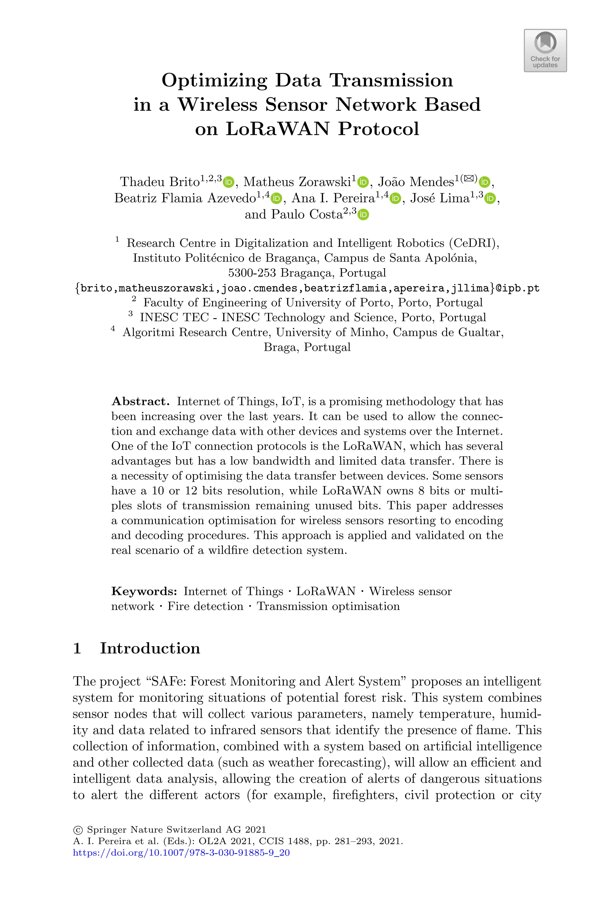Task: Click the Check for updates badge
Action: pos(545,51)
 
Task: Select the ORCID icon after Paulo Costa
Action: pos(363,215)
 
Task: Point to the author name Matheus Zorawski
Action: pos(297,182)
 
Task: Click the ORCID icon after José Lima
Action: pos(490,199)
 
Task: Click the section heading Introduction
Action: pos(150,648)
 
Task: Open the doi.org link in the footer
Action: pos(181,853)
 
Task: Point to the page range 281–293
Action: pos(352,841)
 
